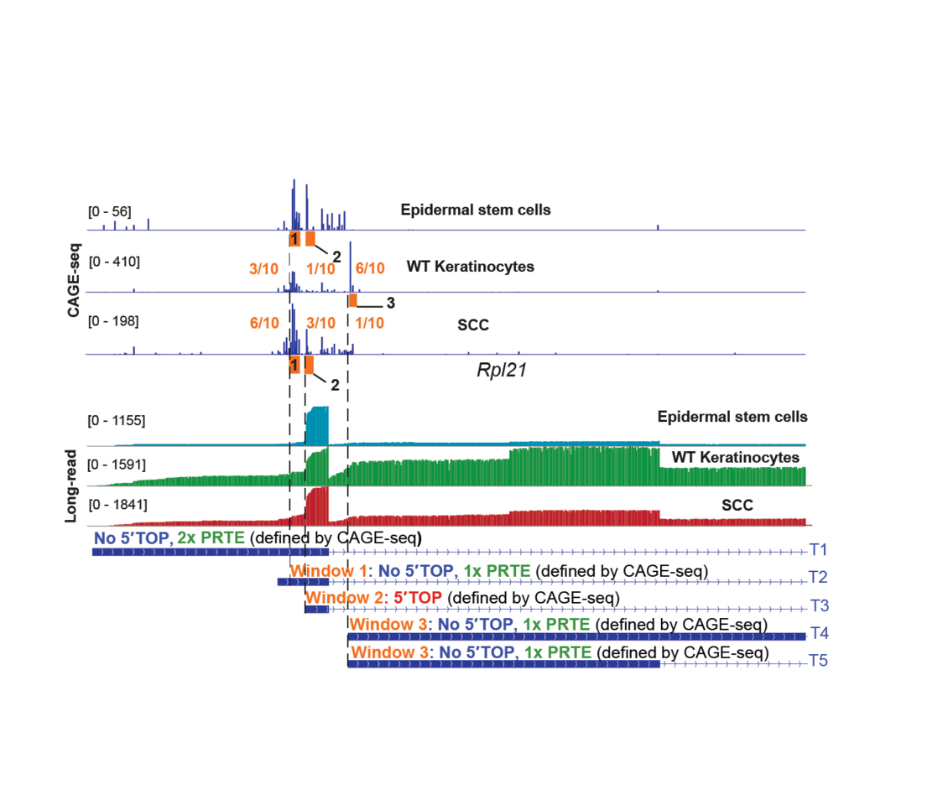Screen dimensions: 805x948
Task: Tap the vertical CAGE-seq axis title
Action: tap(75, 280)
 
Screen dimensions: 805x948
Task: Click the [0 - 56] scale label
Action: tap(109, 211)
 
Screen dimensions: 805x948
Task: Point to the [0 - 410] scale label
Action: tap(113, 261)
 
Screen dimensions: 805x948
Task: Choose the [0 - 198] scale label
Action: tap(113, 321)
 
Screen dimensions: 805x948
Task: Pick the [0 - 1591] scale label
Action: tap(117, 463)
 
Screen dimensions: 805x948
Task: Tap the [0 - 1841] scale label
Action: tap(117, 505)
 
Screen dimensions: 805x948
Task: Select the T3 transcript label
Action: tap(819, 606)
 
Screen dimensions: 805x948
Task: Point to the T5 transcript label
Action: tap(819, 662)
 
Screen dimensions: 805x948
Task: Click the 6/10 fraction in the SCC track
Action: tap(264, 324)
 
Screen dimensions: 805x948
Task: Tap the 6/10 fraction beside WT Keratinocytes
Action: tap(370, 268)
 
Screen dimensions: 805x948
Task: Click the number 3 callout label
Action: tap(390, 302)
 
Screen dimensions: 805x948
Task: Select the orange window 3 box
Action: tap(353, 300)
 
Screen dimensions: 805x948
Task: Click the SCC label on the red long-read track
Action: tap(737, 506)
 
